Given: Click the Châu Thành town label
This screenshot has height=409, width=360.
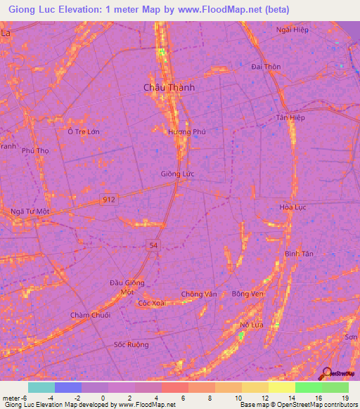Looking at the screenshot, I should [x=169, y=87].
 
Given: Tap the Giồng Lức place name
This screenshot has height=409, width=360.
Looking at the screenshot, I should [x=178, y=174].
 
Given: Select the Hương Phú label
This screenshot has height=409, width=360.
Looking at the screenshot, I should [x=186, y=131].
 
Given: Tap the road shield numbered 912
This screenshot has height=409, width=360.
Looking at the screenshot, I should [x=108, y=200].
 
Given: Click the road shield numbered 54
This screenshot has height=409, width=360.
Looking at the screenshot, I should [x=154, y=244].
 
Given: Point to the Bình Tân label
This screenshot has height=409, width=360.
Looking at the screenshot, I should [x=298, y=253].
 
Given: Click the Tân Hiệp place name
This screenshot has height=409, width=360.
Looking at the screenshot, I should [x=290, y=117].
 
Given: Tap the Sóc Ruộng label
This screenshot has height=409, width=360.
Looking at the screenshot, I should [x=131, y=344].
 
